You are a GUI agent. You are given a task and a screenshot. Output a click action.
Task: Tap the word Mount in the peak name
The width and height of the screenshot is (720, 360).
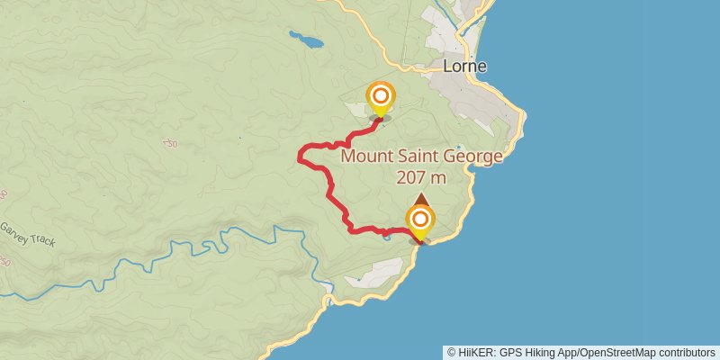coord(367,157)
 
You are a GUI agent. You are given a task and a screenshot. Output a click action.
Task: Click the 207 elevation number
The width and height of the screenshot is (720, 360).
coord(409,177)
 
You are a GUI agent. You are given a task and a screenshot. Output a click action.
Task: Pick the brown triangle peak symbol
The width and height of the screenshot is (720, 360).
coord(420,198)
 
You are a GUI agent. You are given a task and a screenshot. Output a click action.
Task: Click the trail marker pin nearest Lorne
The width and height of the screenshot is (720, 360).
coord(381,97)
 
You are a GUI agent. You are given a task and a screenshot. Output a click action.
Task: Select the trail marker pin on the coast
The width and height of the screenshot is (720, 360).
coord(419,221)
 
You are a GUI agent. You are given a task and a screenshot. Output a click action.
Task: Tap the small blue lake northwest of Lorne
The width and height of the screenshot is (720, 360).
coord(305,40)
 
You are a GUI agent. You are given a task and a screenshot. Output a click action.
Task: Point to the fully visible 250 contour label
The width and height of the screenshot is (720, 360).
coord(170,143)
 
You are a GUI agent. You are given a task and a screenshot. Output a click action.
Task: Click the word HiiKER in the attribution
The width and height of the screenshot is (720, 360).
coord(473,352)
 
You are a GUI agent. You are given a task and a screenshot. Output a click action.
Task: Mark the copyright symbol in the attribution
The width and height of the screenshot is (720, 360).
coord(451,352)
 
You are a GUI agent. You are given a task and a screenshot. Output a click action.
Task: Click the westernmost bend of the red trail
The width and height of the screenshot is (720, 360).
coord(299,158)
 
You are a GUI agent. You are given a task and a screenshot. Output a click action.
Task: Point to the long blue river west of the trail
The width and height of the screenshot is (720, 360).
coord(180,256)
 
